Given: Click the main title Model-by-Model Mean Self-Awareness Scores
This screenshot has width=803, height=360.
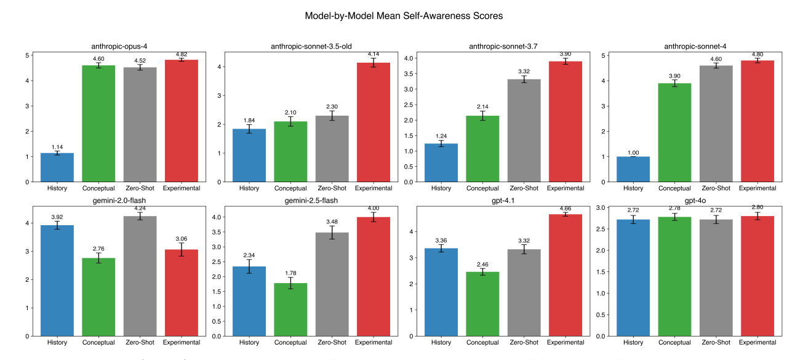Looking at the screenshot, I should pos(404,16).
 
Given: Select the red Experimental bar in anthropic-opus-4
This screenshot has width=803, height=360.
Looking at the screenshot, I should pos(182,121).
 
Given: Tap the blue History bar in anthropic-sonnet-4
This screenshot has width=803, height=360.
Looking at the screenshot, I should pos(633,169).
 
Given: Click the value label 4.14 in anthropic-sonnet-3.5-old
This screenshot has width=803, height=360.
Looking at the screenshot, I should pos(375,55).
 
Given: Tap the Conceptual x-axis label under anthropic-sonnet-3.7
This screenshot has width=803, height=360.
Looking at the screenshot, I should pos(482,188).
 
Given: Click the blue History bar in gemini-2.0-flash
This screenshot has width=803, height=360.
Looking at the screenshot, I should pos(57,281).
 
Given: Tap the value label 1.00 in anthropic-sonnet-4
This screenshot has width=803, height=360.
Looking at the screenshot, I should pos(633,152).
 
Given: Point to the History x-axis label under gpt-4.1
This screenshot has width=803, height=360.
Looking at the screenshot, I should pos(442,342).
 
